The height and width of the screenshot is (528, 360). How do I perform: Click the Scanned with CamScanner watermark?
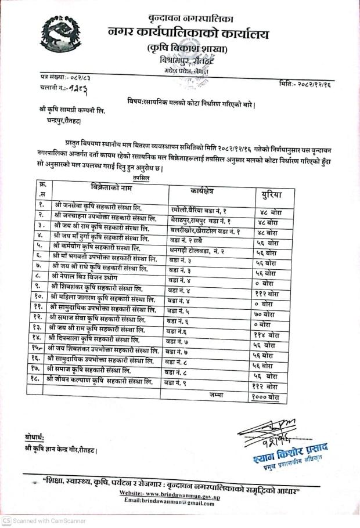click(44, 521)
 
